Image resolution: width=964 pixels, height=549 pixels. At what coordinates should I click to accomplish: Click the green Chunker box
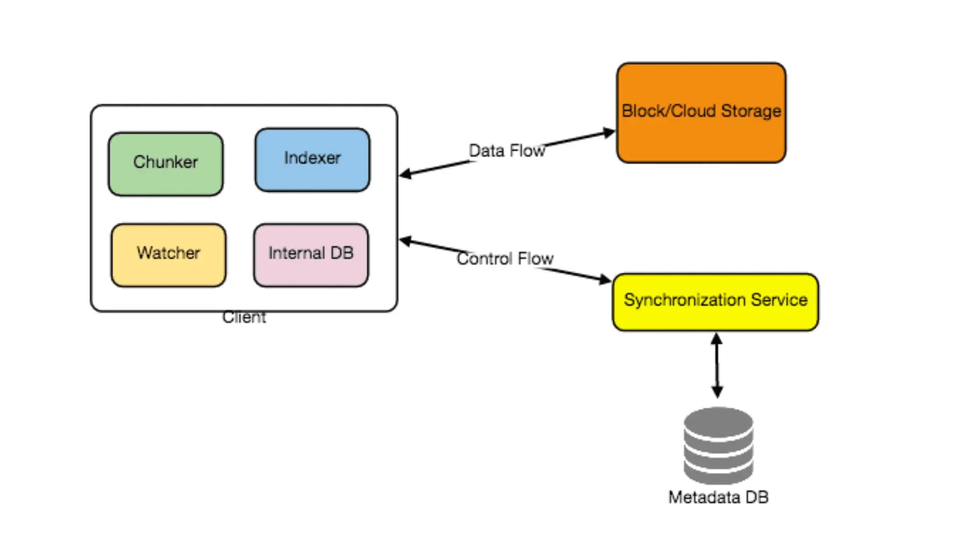pyautogui.click(x=166, y=164)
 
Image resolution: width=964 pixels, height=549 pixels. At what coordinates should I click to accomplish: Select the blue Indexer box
pyautogui.click(x=312, y=159)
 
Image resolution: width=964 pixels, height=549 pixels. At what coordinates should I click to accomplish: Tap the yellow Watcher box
pyautogui.click(x=168, y=255)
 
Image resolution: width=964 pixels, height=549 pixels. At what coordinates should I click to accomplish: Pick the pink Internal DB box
pyautogui.click(x=311, y=255)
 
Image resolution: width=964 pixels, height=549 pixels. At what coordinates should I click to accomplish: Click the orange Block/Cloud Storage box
pyautogui.click(x=701, y=113)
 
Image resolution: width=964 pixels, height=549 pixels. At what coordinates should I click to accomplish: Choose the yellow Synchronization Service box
pyautogui.click(x=715, y=302)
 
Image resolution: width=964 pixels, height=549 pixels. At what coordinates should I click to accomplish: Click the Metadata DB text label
pyautogui.click(x=718, y=497)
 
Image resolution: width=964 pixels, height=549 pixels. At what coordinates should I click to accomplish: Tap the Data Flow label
pyautogui.click(x=507, y=151)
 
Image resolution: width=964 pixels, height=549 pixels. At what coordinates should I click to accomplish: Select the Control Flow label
pyautogui.click(x=505, y=258)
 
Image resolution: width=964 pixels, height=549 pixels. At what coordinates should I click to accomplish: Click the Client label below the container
pyautogui.click(x=244, y=317)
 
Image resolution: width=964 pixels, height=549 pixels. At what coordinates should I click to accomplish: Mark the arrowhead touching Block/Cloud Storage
pyautogui.click(x=609, y=133)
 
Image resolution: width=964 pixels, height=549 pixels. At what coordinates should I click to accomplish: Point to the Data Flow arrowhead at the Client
pyautogui.click(x=405, y=174)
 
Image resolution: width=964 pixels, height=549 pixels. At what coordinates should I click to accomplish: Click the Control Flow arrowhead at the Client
pyautogui.click(x=405, y=241)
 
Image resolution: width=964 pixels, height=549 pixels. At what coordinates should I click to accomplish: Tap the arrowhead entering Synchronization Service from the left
pyautogui.click(x=606, y=279)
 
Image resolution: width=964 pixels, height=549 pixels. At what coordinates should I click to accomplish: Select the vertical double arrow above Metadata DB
pyautogui.click(x=717, y=366)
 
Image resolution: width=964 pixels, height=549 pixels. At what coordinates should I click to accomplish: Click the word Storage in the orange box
pyautogui.click(x=751, y=111)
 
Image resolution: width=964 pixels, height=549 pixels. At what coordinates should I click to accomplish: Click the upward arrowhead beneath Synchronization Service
pyautogui.click(x=717, y=339)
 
